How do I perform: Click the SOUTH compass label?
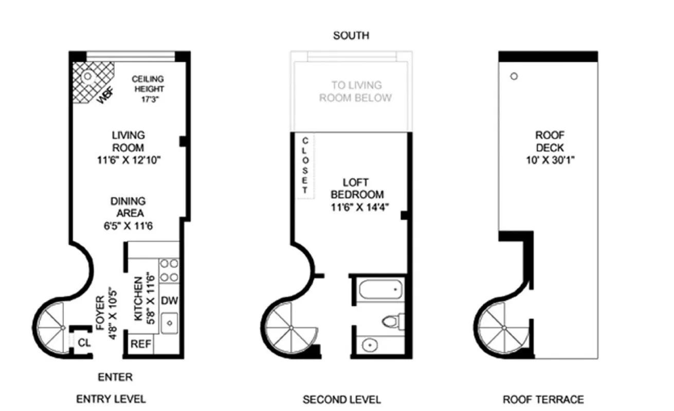(x=351, y=35)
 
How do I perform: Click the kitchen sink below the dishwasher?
(x=169, y=323)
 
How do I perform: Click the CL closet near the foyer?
(x=84, y=342)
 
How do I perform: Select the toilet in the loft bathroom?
(x=392, y=321)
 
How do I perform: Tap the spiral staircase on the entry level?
(x=56, y=327)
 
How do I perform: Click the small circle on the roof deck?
(x=514, y=77)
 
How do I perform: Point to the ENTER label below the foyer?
(x=115, y=377)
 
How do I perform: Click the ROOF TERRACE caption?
(x=543, y=399)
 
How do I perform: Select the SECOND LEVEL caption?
(x=342, y=399)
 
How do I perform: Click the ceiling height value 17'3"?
(x=148, y=99)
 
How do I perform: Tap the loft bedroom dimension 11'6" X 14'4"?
(x=357, y=207)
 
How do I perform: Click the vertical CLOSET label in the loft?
(x=304, y=165)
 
